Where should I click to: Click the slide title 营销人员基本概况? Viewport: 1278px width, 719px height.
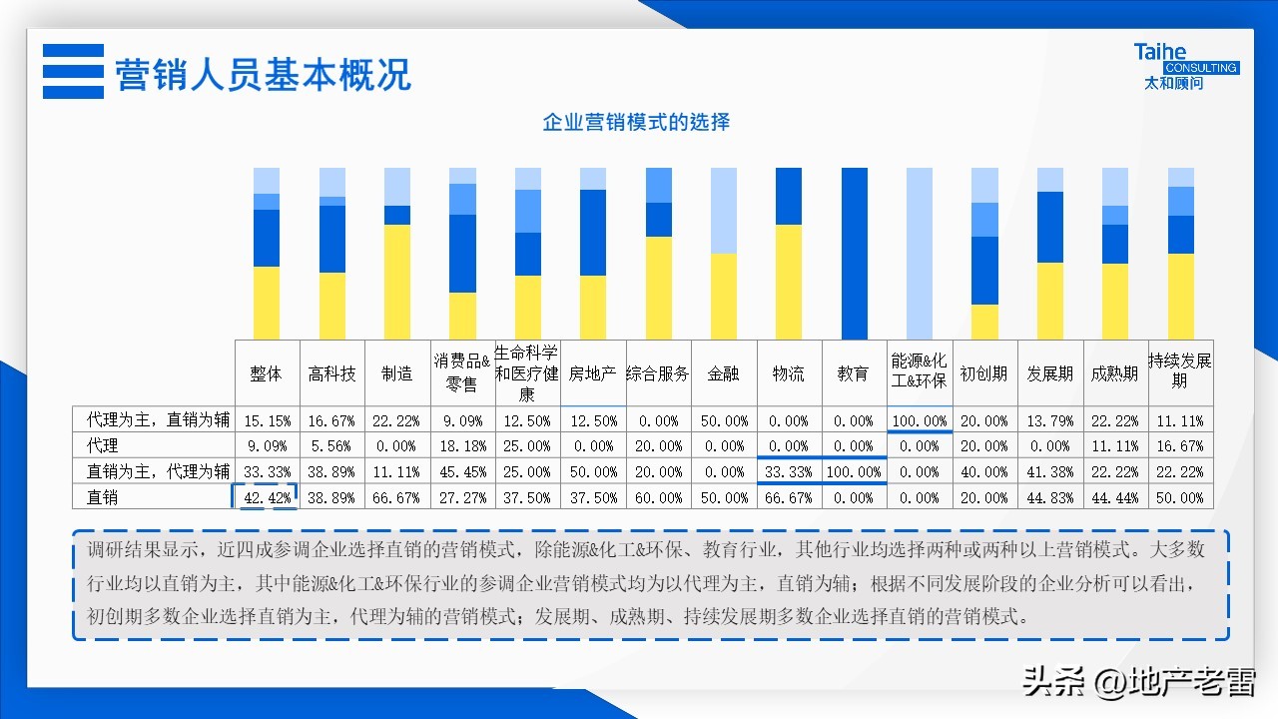(x=263, y=75)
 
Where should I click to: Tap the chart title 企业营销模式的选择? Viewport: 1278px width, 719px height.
(x=636, y=122)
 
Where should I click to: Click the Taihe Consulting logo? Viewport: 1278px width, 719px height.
(x=1185, y=66)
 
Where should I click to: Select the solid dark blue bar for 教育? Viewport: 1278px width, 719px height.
(x=854, y=254)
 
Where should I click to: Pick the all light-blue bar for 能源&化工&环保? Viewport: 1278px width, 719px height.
(x=920, y=254)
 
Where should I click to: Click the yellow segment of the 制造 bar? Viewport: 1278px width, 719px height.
(x=397, y=282)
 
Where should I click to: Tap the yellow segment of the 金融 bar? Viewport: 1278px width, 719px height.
(x=723, y=296)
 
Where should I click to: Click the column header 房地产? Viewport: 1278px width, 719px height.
(x=592, y=373)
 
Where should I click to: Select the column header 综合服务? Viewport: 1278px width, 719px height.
(x=658, y=373)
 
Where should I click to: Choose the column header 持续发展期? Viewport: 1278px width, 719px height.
(x=1179, y=372)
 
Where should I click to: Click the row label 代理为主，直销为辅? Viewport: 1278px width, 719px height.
(x=157, y=420)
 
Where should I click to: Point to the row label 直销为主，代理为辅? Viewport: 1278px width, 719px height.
(x=157, y=471)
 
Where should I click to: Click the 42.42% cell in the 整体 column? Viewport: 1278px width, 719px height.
(x=266, y=497)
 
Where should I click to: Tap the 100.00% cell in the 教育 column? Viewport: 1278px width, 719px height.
(x=854, y=471)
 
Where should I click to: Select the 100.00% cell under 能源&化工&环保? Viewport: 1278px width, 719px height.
(x=920, y=420)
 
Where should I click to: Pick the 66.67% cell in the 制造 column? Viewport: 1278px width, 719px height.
(x=397, y=497)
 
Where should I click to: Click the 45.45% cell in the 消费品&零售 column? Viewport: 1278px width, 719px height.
(x=462, y=471)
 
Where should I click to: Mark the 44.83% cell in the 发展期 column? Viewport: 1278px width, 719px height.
(x=1049, y=497)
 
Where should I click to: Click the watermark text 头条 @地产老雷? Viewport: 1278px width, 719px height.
(x=1136, y=682)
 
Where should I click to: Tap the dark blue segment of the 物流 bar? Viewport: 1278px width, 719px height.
(x=789, y=196)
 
